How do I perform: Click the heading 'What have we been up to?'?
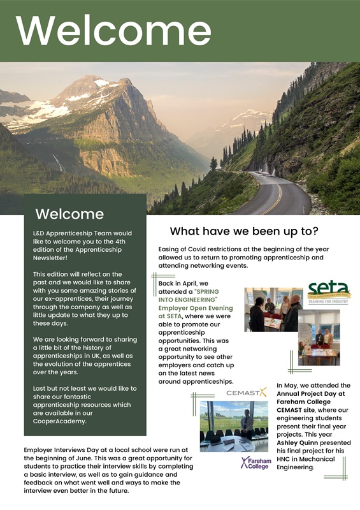pyautogui.click(x=244, y=231)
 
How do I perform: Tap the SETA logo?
pyautogui.click(x=329, y=293)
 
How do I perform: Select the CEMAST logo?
pyautogui.click(x=247, y=393)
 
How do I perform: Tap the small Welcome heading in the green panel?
pyautogui.click(x=69, y=213)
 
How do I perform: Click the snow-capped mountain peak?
pyautogui.click(x=96, y=86)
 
